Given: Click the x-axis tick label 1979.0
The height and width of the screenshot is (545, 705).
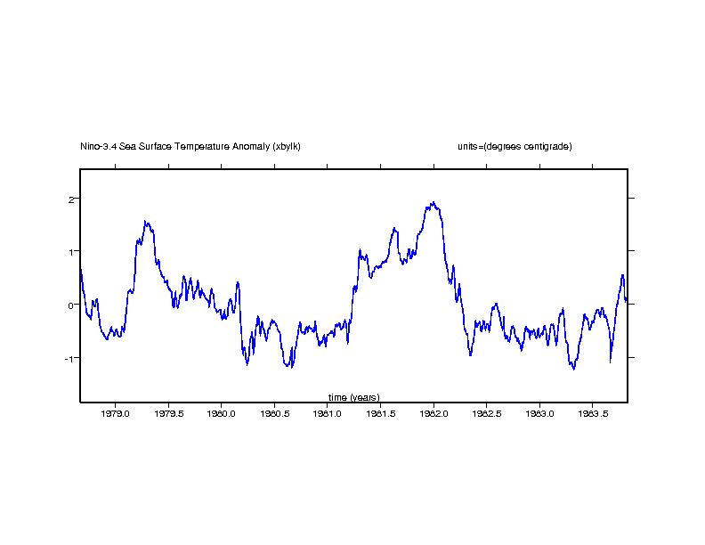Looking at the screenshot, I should point(116,413).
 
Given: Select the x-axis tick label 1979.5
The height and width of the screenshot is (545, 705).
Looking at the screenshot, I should point(169,413).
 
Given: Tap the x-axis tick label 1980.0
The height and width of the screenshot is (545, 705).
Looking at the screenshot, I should point(222,413).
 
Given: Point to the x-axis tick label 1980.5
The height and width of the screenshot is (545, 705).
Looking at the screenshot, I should point(275,413).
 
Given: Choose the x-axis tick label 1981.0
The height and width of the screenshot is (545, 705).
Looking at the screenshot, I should point(328,413).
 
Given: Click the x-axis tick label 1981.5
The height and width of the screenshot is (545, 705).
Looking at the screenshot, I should point(381,413).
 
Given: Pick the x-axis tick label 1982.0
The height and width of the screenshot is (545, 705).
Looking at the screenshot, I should point(434,413).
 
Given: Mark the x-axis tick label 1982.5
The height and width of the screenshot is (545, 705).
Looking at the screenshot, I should point(487,413).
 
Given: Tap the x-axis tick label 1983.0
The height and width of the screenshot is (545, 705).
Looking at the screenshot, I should point(540,413).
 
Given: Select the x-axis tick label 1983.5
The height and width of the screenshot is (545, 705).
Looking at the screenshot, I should point(593,413).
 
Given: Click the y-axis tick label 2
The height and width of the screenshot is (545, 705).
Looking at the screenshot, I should point(71,199).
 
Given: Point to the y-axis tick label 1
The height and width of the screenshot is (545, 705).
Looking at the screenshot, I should point(71,252).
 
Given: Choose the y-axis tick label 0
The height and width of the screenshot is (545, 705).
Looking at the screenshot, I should point(71,305).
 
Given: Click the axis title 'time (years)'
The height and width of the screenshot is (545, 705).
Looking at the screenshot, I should point(353,397).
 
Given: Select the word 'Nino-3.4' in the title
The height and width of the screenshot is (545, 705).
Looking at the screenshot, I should point(98,146).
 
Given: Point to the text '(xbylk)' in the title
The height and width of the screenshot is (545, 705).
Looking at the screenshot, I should point(287,146).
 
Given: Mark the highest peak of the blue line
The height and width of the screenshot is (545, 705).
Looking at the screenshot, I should point(434,202).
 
